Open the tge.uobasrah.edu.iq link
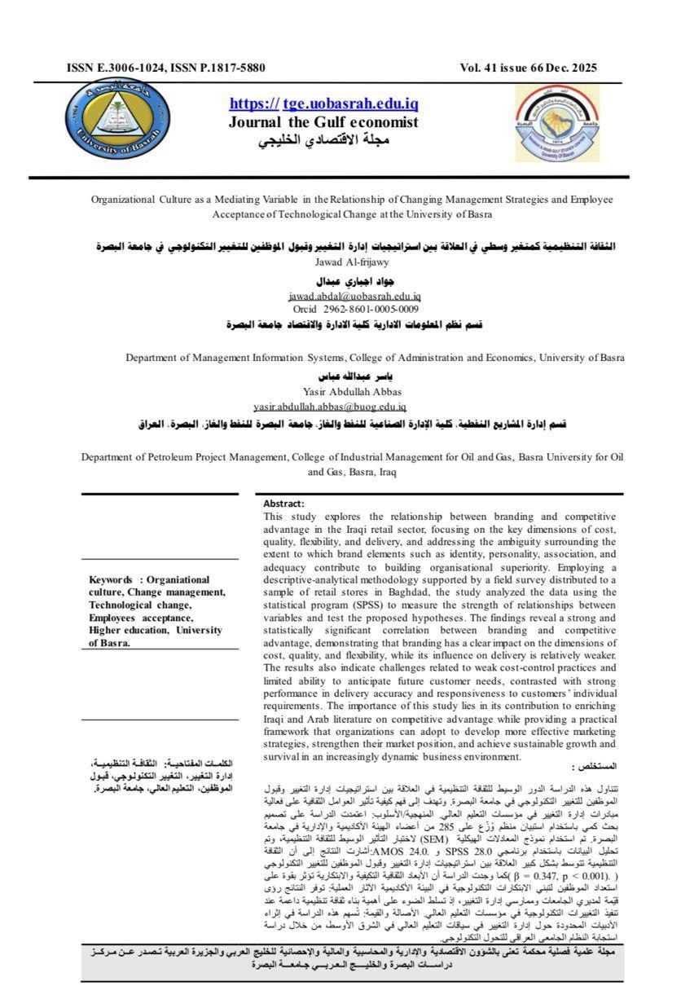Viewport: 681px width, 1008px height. (x=324, y=104)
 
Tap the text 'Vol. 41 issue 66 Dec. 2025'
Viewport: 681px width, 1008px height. (x=528, y=68)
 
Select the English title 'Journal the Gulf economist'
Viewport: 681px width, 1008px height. (x=323, y=122)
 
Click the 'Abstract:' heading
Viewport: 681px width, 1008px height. (x=283, y=504)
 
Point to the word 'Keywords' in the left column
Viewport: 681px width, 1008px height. (x=111, y=580)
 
